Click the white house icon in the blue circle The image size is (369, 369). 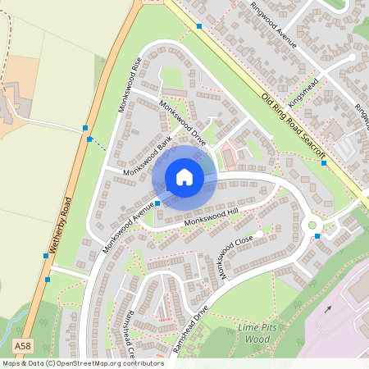point(184,177)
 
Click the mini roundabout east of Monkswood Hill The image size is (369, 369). point(311,225)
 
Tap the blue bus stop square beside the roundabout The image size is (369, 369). point(317,236)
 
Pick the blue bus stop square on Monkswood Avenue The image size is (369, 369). point(157,203)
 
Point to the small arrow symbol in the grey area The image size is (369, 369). point(327,310)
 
